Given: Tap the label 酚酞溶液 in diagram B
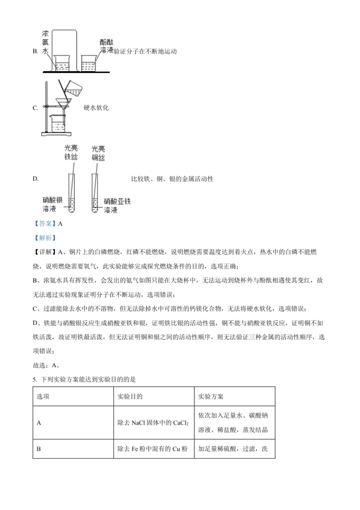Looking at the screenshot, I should point(106,46).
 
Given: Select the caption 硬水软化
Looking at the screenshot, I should point(96,108).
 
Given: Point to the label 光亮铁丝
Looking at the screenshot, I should point(71,152).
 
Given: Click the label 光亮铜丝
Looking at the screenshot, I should point(98,153).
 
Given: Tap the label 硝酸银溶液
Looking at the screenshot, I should point(52,204).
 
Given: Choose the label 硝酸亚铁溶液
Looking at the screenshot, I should point(117,205).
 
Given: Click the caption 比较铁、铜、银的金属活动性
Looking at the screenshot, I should point(172,179).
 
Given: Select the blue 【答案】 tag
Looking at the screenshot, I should point(45,224).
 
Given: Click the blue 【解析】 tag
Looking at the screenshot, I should point(45,238).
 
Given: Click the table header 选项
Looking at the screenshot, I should point(43,397).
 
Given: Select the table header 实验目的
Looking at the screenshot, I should point(130,397).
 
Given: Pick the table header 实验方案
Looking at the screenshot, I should point(211,397).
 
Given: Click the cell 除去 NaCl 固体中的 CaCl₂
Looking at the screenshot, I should point(153,423).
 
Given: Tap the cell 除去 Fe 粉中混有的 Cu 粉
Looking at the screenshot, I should point(153,449).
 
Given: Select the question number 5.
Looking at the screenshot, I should point(34,380).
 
